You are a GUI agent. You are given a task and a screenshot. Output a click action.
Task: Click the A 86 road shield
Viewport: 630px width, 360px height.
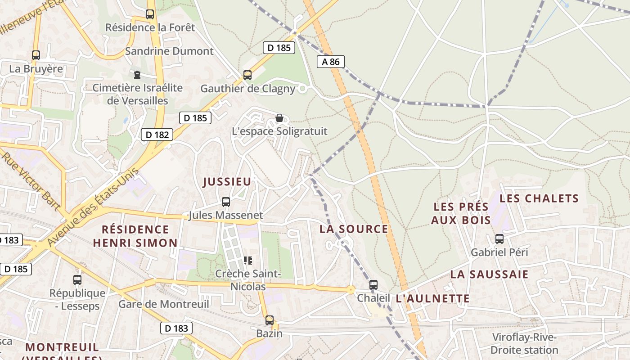coord(331,62)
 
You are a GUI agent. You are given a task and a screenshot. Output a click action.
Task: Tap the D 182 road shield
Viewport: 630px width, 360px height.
coord(157,134)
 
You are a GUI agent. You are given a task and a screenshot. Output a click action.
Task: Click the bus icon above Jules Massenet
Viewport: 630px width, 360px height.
coord(226,202)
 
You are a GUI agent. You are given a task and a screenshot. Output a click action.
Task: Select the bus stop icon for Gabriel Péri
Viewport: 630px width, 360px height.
coord(499,239)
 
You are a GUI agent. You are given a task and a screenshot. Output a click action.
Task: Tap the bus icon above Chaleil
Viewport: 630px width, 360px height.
coord(373,285)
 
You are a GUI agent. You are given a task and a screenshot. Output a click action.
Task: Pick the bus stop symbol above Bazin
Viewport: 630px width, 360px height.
coord(269,320)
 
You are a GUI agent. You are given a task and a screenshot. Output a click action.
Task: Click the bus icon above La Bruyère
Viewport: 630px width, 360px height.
coord(36,55)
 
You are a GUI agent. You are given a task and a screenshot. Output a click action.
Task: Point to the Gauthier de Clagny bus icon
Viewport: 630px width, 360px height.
coord(247,75)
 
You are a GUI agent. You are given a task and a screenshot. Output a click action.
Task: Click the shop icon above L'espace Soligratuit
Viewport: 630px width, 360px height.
coord(279,118)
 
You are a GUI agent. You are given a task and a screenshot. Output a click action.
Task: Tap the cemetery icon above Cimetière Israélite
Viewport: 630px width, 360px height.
coord(137,74)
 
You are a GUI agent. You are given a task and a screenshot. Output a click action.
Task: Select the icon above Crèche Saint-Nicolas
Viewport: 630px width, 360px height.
coord(247,260)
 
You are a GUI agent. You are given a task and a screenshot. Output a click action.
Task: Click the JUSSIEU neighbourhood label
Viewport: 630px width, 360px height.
coord(227,182)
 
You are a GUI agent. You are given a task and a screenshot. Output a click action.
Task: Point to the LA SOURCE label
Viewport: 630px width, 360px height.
coord(354,229)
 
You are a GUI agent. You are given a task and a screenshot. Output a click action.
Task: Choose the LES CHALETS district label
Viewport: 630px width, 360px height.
coord(539,198)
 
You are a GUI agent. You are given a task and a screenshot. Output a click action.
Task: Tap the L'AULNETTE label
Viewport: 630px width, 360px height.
coord(433,298)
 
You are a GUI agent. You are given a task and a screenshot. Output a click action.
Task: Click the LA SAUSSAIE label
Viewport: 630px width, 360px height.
coord(489,274)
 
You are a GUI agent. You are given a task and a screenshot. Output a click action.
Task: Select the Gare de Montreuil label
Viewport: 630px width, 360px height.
coord(164,304)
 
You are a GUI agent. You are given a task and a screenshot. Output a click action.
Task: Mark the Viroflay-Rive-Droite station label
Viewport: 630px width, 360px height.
coord(524,344)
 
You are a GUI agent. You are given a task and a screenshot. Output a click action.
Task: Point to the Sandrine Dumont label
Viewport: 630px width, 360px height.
coord(169,51)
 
